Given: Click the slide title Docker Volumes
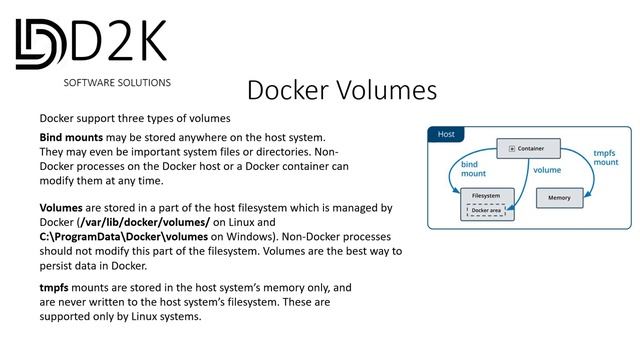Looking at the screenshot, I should click(341, 90).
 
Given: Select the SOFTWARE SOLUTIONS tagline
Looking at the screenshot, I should click(117, 82).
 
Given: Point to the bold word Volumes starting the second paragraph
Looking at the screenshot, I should click(66, 208).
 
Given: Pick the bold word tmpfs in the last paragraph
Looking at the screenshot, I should click(56, 287).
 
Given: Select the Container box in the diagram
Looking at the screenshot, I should click(519, 148).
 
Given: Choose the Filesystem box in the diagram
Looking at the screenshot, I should click(486, 195).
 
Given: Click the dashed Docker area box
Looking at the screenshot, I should click(487, 211).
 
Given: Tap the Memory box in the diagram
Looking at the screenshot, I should click(559, 198).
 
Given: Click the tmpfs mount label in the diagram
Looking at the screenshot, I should click(605, 157).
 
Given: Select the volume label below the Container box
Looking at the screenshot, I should click(546, 171).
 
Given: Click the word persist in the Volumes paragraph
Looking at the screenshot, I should click(59, 266).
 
